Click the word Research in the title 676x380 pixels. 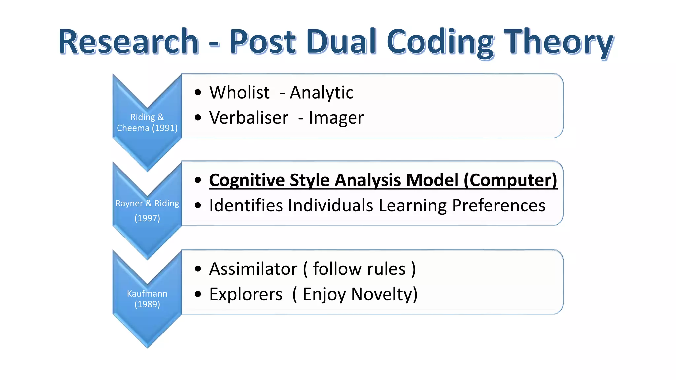129,42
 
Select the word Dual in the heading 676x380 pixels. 341,42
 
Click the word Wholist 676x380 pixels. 239,93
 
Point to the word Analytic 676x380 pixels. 321,93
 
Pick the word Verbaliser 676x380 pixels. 249,118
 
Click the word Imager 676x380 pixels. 336,118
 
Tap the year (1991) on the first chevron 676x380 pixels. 165,128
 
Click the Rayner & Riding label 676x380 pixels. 147,203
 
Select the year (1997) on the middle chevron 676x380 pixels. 147,218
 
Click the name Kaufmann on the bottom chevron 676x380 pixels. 147,293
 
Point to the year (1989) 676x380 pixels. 147,304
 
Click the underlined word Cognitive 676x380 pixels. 246,180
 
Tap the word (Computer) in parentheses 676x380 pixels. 510,180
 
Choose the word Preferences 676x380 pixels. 498,206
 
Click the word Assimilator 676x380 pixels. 253,269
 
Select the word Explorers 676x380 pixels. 246,294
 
